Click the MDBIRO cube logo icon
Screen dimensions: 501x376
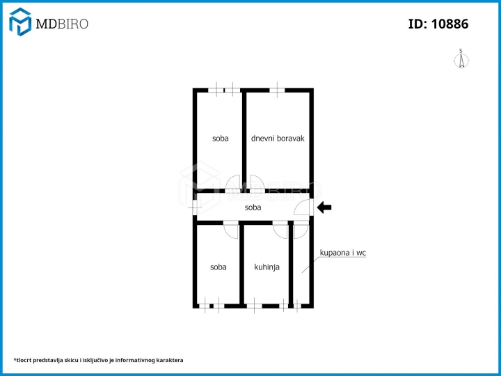click(x=20, y=22)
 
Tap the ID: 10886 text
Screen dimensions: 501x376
click(x=438, y=24)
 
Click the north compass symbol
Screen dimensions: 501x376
click(x=461, y=59)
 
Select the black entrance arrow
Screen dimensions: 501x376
click(x=324, y=207)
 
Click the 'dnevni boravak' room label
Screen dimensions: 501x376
click(x=278, y=139)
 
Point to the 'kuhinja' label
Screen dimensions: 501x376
click(x=267, y=267)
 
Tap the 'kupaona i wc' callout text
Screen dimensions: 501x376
click(x=343, y=253)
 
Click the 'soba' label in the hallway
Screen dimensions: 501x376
click(x=253, y=207)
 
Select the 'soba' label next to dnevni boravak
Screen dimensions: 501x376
click(x=221, y=139)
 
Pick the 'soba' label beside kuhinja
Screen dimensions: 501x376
click(x=218, y=267)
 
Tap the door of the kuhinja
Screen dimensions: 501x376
click(x=280, y=229)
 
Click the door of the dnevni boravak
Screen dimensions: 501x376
click(x=257, y=184)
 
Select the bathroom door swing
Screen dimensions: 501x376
click(x=301, y=229)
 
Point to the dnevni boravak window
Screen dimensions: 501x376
click(x=277, y=90)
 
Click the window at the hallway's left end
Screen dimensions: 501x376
click(x=195, y=207)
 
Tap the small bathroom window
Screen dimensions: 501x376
click(x=297, y=306)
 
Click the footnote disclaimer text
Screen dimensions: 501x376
click(x=98, y=361)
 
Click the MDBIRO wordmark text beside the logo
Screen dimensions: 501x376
click(x=62, y=24)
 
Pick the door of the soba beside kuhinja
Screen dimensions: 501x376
click(x=231, y=229)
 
